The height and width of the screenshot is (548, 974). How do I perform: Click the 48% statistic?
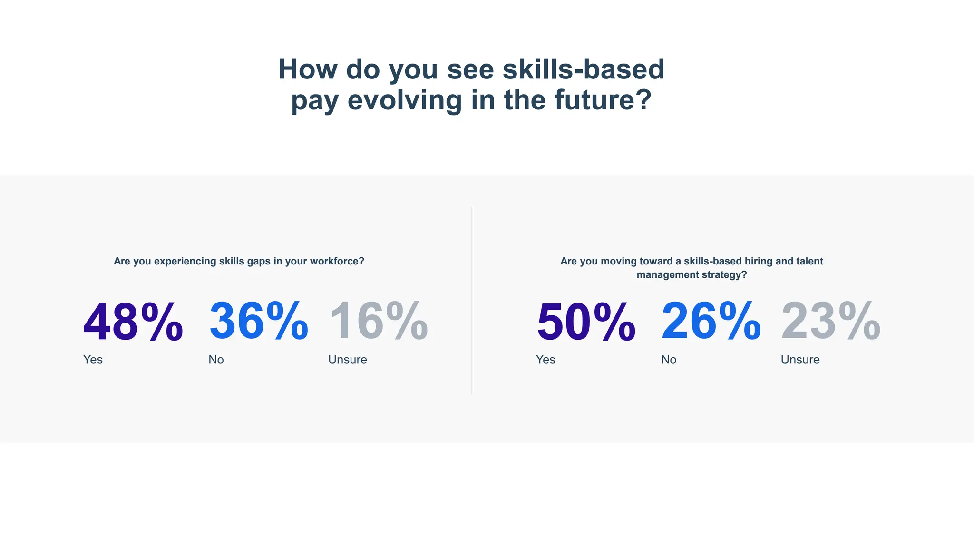[133, 322]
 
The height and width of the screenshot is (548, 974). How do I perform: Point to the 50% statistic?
[586, 322]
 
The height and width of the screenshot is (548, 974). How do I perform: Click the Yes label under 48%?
[93, 360]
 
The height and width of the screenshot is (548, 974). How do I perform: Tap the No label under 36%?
[216, 360]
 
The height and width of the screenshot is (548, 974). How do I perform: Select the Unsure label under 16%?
[348, 360]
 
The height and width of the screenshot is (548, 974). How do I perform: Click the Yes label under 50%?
[545, 360]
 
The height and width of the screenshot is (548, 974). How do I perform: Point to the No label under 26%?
[669, 360]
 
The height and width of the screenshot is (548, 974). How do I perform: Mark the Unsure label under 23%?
[800, 360]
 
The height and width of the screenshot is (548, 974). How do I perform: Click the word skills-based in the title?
[584, 69]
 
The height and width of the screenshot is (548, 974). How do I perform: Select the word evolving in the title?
[405, 101]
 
